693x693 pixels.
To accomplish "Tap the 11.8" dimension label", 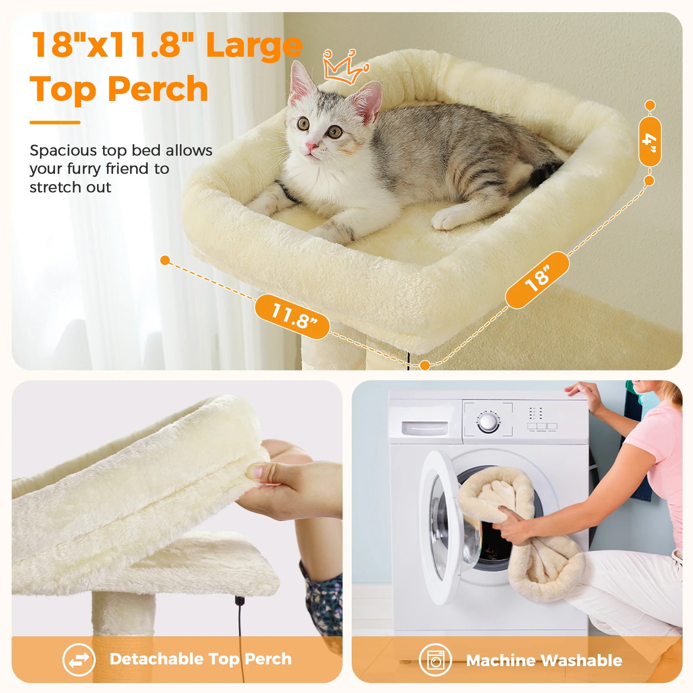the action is coord(292,317).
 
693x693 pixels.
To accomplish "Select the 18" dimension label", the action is coord(537,280).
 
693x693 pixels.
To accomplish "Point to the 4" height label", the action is coord(650,142).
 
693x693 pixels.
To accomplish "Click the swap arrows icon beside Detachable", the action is coord(78,660).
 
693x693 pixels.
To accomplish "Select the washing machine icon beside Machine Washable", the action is coord(435,660).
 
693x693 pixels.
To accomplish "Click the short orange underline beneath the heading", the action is coord(55,123).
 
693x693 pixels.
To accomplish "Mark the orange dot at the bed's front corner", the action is coord(425,365).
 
